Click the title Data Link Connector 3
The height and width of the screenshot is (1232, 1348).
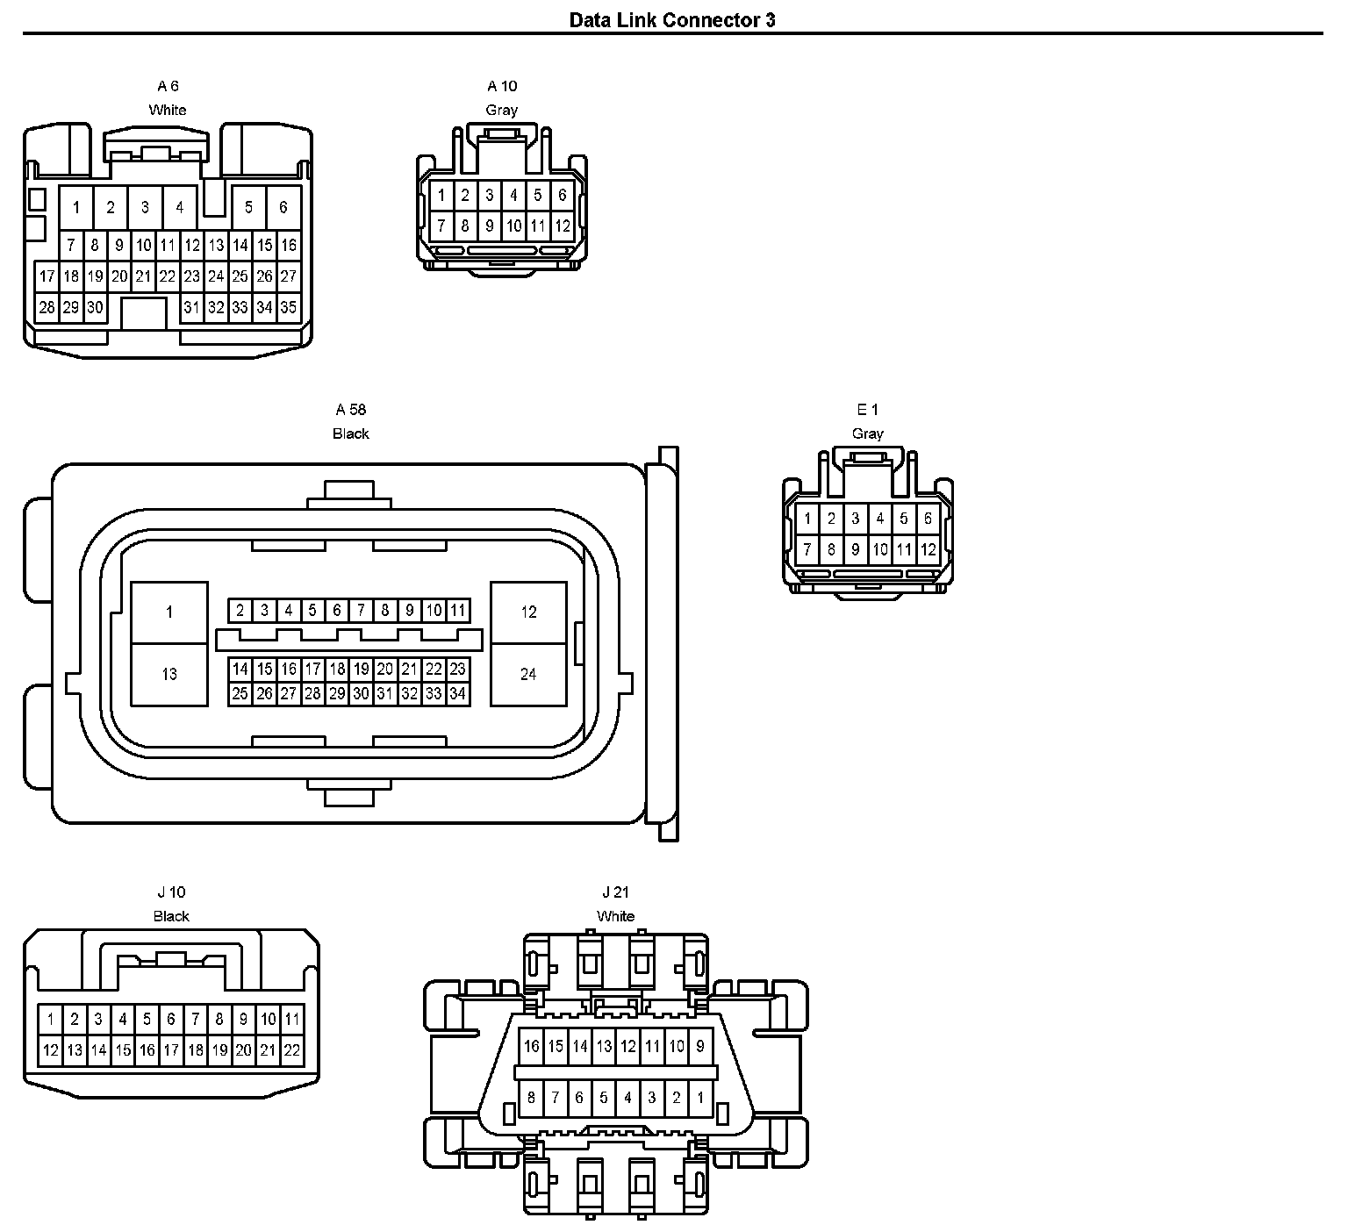(x=672, y=19)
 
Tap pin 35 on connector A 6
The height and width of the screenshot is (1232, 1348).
(x=289, y=307)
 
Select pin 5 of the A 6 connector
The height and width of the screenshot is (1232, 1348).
(x=248, y=207)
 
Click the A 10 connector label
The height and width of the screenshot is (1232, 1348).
(x=502, y=86)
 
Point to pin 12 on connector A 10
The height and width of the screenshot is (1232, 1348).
(x=563, y=226)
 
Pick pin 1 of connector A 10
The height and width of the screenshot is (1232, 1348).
(x=441, y=195)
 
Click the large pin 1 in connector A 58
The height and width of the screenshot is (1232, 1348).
(x=169, y=612)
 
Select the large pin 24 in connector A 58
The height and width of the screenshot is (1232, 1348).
(x=528, y=674)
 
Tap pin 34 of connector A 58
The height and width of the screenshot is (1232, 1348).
(x=457, y=693)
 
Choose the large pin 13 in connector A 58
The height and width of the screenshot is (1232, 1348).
(x=169, y=674)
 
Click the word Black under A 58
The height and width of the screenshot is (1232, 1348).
(x=351, y=433)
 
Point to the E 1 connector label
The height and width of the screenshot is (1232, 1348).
(x=867, y=410)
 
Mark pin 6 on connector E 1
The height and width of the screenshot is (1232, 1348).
(x=928, y=519)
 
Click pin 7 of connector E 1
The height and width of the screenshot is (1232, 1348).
(x=807, y=550)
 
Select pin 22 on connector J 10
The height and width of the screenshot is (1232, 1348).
(x=292, y=1049)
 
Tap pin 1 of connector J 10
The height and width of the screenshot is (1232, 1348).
(x=51, y=1020)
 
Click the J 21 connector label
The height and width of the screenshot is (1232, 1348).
(x=615, y=892)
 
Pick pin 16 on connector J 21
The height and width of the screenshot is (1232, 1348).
(x=531, y=1046)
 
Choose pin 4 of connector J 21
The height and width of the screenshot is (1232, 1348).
(x=627, y=1097)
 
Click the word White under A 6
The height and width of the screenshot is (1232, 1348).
(x=168, y=110)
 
